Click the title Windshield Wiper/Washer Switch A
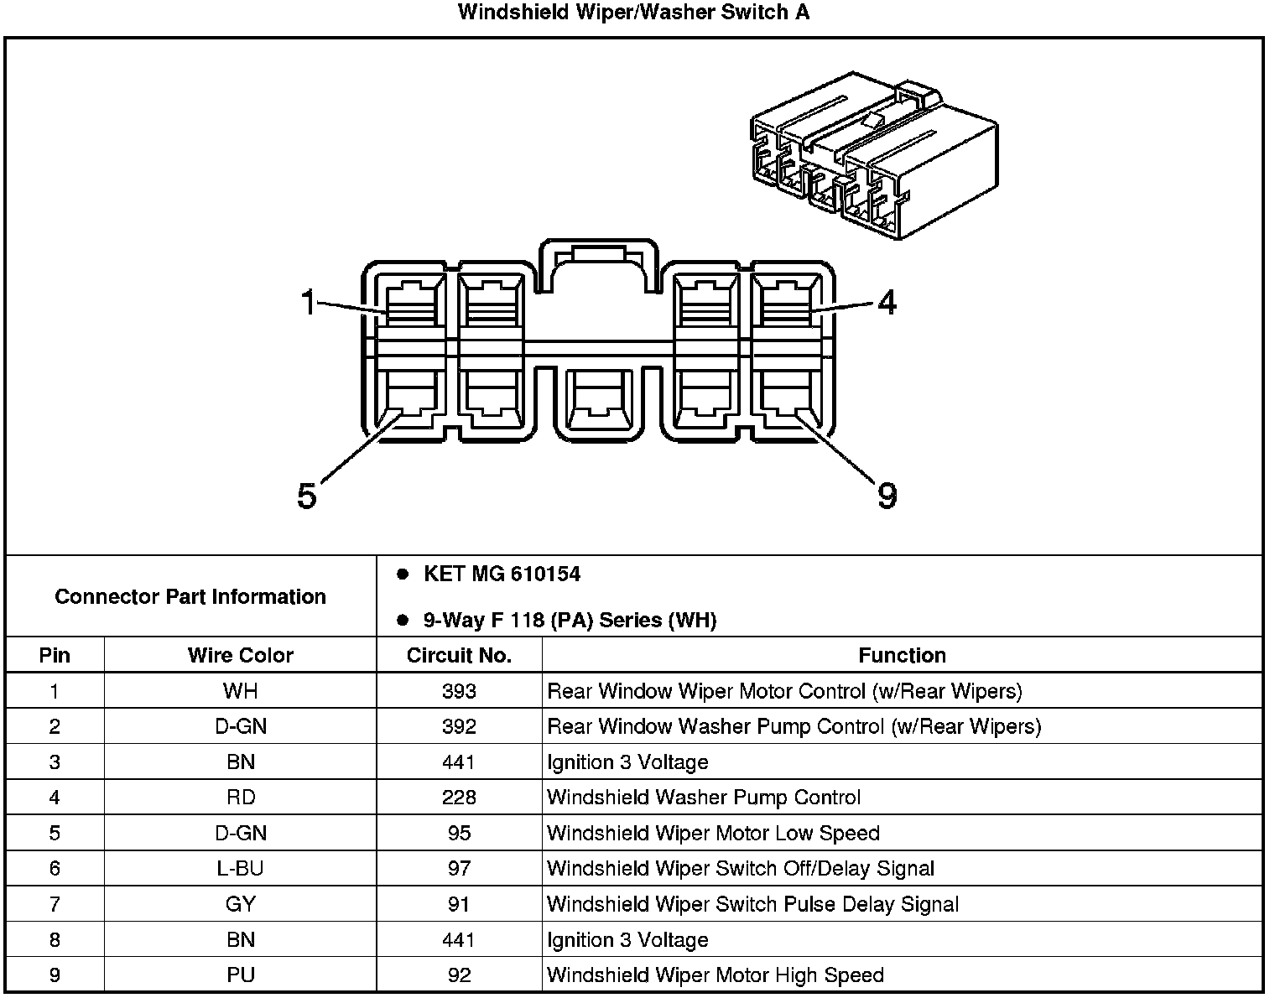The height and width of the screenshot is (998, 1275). tap(633, 13)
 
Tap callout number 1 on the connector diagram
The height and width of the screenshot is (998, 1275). tap(309, 302)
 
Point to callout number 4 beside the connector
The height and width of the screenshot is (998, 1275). tap(887, 302)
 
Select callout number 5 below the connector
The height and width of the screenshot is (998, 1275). tap(307, 496)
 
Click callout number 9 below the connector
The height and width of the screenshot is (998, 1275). tap(887, 496)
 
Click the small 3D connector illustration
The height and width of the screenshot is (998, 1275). tap(873, 157)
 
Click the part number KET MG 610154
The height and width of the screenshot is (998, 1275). tap(502, 574)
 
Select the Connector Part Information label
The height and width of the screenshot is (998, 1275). tap(190, 597)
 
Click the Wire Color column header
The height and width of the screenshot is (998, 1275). tap(241, 655)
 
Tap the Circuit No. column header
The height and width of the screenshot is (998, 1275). tap(459, 655)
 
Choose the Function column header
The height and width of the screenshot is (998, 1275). tap(902, 655)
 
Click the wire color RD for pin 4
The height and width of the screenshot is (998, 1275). tap(241, 798)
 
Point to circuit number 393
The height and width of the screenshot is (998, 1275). tap(459, 691)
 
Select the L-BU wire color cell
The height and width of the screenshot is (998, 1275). tap(241, 869)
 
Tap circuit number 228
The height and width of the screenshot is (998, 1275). tap(459, 798)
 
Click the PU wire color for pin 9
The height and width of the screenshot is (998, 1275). tap(241, 975)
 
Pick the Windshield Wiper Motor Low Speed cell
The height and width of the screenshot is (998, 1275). tap(713, 834)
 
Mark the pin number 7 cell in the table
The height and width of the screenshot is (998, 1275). tap(55, 904)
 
